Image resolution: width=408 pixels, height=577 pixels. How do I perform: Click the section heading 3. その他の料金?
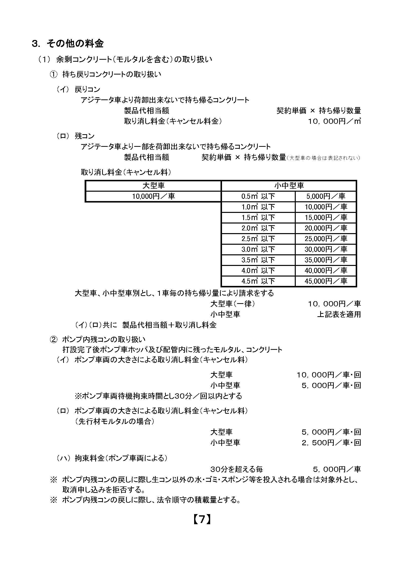(68, 44)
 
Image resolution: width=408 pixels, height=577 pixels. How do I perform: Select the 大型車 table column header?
(153, 186)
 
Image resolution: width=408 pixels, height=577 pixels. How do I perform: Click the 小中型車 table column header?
(289, 186)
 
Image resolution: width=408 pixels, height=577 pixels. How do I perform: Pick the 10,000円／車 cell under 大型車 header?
(153, 196)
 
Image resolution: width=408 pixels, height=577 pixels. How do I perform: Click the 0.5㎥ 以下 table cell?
(258, 196)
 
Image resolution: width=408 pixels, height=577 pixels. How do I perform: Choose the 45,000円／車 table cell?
(326, 281)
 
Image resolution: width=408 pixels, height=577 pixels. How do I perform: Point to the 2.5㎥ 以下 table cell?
(258, 239)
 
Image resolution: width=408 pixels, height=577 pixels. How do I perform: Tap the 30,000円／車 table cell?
(326, 249)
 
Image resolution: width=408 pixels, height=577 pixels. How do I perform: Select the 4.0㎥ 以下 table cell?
(258, 270)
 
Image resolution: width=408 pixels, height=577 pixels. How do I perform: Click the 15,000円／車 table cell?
(326, 218)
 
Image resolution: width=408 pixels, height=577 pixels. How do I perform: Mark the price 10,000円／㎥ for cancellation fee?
(334, 121)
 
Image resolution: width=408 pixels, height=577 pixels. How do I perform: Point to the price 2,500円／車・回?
(331, 442)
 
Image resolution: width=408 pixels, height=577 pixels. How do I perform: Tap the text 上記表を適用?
(339, 314)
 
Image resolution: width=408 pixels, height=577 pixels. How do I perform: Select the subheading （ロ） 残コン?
(75, 136)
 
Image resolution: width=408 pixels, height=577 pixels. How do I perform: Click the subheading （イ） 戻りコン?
(78, 90)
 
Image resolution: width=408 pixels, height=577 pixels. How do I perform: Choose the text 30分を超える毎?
(237, 469)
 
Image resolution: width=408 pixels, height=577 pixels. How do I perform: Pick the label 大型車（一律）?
(233, 304)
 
